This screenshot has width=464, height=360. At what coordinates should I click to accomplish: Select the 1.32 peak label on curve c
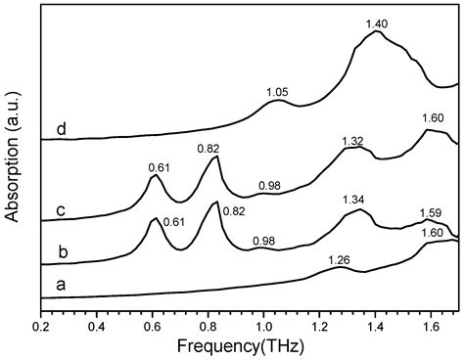[x=352, y=141]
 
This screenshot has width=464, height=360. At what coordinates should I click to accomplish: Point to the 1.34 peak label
[x=354, y=200]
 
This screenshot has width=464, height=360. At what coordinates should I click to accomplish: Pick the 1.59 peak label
[x=430, y=212]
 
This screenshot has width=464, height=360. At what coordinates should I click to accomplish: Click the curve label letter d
[x=61, y=128]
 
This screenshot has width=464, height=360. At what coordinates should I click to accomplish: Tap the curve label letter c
[x=61, y=207]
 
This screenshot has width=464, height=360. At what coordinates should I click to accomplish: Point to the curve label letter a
[x=61, y=285]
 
